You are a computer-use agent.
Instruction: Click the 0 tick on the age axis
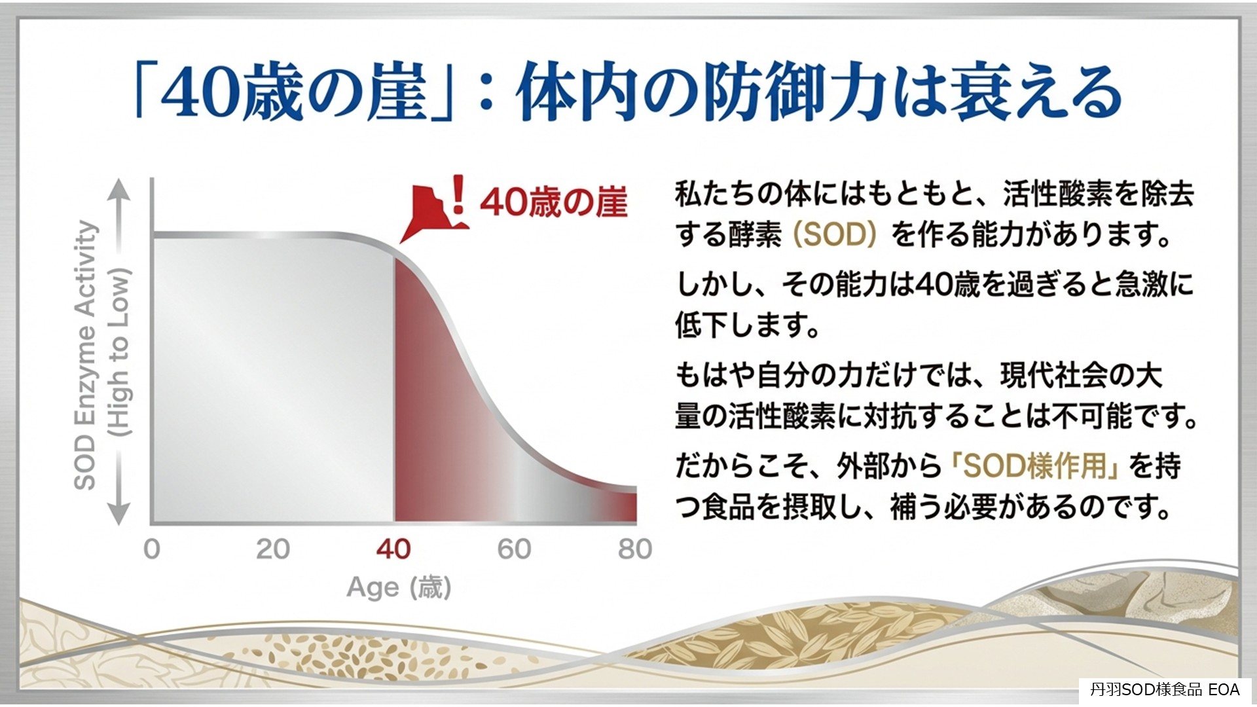[x=152, y=549]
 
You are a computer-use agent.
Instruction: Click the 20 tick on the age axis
[x=272, y=549]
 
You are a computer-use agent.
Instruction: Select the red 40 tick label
[x=393, y=549]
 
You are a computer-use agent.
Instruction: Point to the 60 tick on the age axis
[x=514, y=549]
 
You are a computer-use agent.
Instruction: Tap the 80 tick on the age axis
[x=634, y=549]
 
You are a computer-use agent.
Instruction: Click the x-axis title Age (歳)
[x=399, y=587]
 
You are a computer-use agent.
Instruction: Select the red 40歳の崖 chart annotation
[x=554, y=202]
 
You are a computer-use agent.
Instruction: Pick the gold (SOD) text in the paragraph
[x=835, y=234]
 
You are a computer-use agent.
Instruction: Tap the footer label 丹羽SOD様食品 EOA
[x=1165, y=689]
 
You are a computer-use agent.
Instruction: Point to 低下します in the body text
[x=747, y=325]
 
